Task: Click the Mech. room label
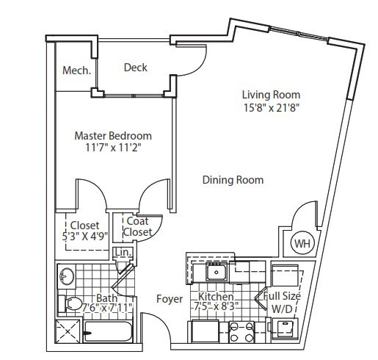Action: point(77,71)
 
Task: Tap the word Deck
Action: point(135,68)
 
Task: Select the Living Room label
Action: point(271,95)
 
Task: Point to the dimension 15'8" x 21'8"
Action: point(271,107)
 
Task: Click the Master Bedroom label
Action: point(114,136)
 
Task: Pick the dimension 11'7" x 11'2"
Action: point(114,148)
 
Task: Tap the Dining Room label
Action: point(233,180)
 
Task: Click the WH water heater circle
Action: point(302,243)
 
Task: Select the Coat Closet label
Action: point(139,226)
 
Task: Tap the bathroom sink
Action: point(66,277)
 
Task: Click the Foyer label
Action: point(169,299)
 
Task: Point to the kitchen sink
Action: point(216,273)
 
